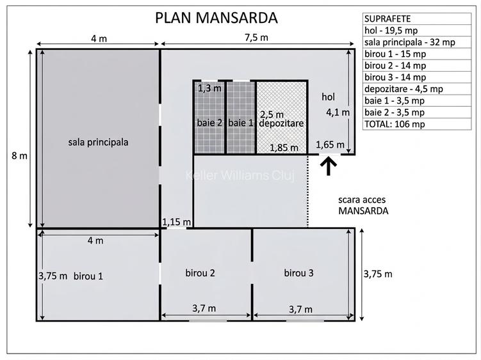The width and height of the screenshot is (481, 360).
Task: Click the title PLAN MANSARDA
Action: (x=216, y=18)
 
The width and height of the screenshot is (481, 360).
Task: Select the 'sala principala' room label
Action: (x=98, y=142)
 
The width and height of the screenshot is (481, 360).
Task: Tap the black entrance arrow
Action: (x=328, y=166)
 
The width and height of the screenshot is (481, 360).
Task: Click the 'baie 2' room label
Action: (x=209, y=123)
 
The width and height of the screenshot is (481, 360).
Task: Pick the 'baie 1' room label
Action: (x=241, y=123)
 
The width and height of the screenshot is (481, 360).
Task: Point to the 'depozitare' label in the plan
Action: (x=281, y=123)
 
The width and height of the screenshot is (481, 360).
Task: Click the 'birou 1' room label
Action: (x=88, y=276)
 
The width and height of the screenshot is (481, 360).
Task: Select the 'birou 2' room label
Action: (x=200, y=272)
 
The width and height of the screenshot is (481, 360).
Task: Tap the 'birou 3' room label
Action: (x=299, y=272)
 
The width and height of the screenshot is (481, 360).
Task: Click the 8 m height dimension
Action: (x=19, y=155)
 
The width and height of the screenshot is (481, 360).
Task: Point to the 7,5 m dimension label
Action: (x=256, y=37)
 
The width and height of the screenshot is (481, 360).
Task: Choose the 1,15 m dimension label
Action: (x=176, y=222)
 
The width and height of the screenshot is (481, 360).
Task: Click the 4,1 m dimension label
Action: (x=338, y=113)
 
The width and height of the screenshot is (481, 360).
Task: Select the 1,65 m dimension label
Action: (x=330, y=145)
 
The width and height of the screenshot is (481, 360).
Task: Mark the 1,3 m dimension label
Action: (x=209, y=88)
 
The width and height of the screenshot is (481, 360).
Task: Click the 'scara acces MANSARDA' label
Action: (x=364, y=205)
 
